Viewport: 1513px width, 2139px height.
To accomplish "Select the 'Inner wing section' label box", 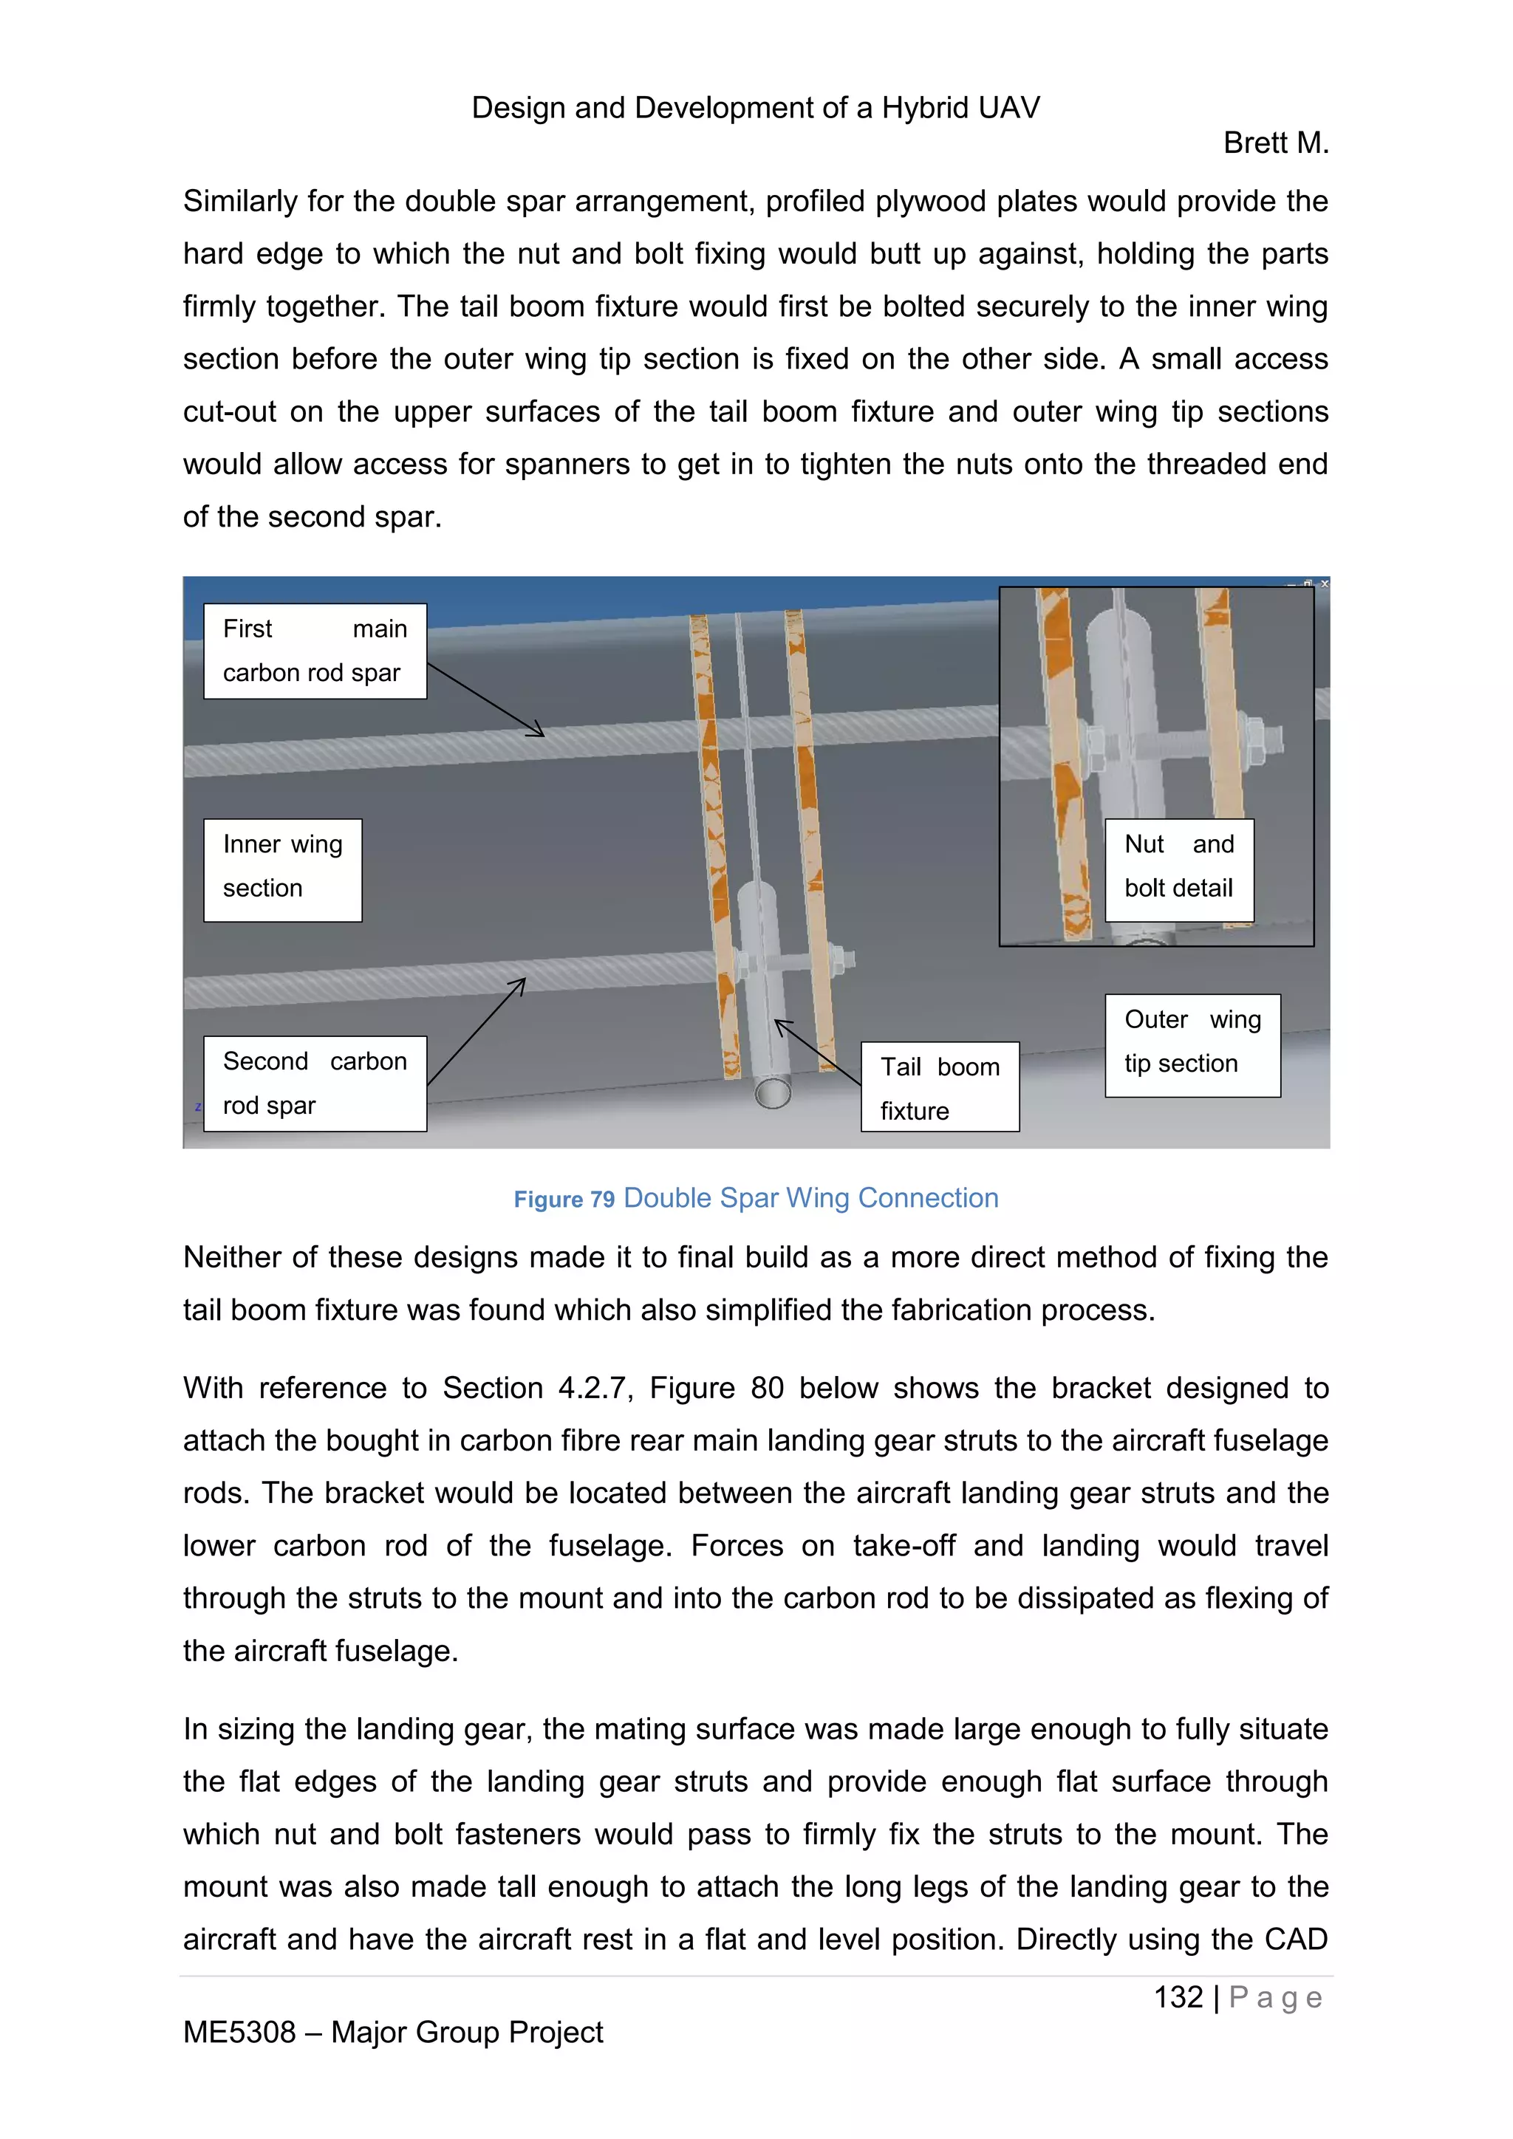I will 282,870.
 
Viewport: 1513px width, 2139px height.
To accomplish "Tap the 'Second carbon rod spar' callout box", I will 315,1084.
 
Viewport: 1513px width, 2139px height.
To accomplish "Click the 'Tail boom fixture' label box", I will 939,1087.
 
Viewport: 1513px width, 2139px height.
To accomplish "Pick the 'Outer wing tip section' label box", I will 1192,1045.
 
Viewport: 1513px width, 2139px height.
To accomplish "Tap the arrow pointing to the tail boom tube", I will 817,1053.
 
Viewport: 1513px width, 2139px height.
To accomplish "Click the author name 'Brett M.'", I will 1274,143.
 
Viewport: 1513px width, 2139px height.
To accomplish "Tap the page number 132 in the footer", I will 1178,1997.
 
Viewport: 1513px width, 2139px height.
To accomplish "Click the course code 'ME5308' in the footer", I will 239,2032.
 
